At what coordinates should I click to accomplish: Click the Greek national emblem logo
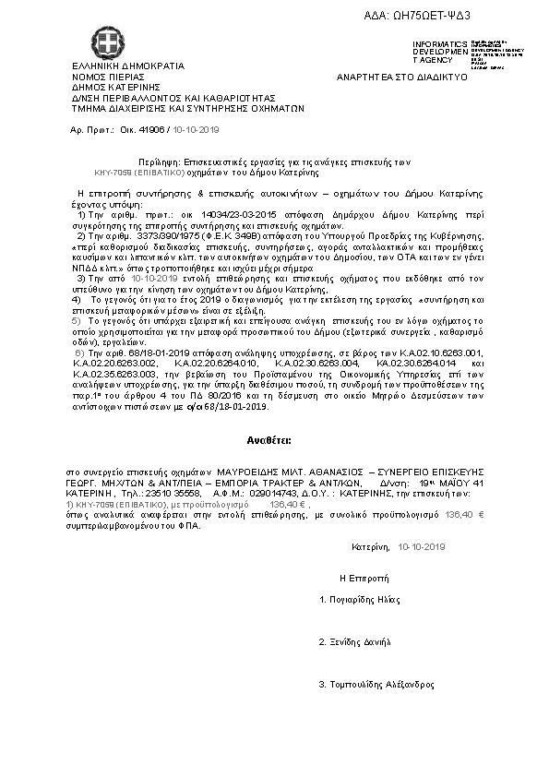[x=105, y=42]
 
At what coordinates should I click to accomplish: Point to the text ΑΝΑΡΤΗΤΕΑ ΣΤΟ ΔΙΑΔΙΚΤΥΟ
[x=401, y=77]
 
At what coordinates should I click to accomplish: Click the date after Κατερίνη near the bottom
[x=422, y=547]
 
